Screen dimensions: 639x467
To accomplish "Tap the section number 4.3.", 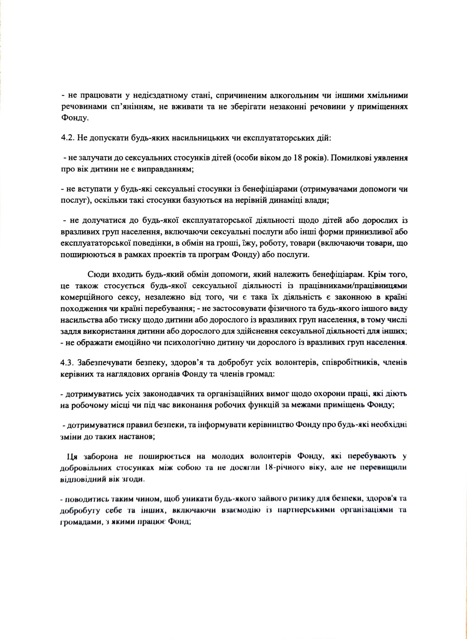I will click(x=67, y=362).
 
